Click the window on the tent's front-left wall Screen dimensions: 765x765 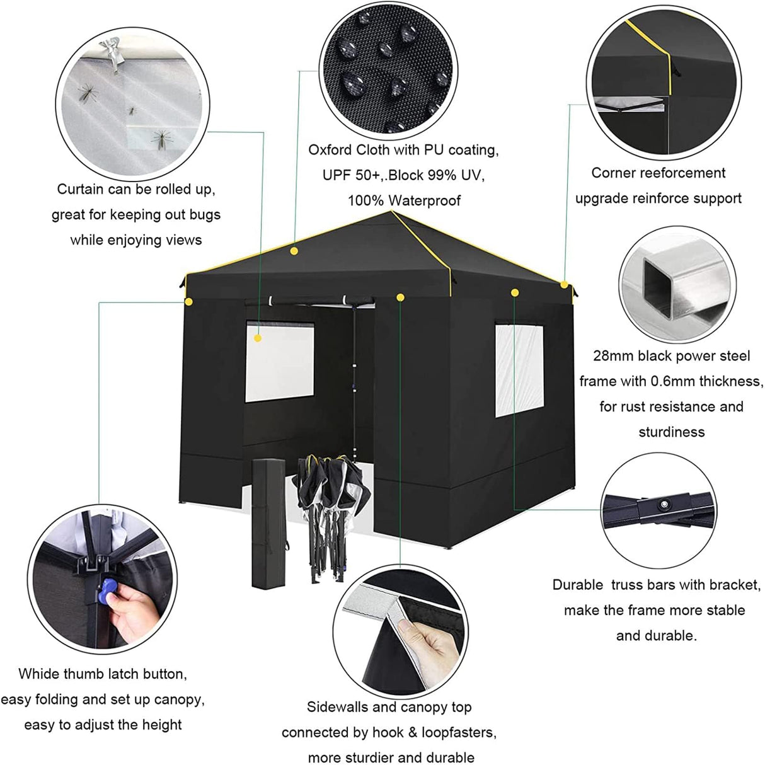pos(279,362)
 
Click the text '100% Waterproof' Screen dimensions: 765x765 pos(404,200)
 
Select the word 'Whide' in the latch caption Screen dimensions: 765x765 pos(38,674)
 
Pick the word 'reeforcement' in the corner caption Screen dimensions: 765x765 pos(682,173)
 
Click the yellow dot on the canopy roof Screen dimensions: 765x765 pos(294,251)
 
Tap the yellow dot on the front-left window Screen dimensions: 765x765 pos(258,338)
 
